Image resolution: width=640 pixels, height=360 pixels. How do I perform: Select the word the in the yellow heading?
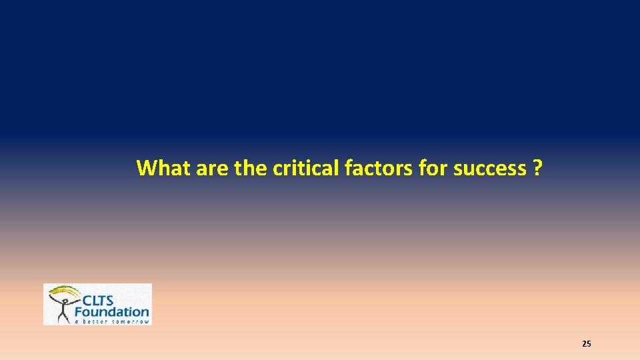251,168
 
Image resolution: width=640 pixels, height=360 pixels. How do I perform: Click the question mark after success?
537,168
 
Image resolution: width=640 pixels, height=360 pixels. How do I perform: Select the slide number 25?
586,344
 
